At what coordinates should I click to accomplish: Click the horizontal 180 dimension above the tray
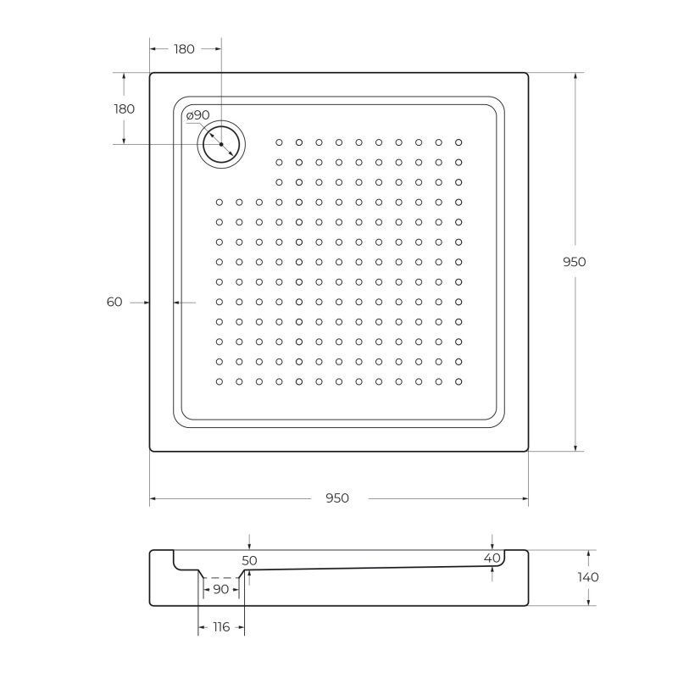(x=184, y=49)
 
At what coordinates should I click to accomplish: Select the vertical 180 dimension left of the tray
(x=124, y=108)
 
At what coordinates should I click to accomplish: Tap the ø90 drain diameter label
(x=198, y=115)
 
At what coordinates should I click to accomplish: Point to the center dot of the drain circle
(x=221, y=144)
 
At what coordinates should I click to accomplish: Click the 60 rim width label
(x=115, y=302)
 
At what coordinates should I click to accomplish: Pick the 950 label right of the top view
(x=575, y=262)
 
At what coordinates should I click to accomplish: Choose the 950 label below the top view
(x=336, y=498)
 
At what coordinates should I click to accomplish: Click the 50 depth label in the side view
(x=249, y=561)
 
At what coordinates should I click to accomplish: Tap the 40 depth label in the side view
(x=492, y=559)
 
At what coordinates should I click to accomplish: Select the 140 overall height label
(x=587, y=577)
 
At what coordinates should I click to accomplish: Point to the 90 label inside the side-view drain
(x=220, y=589)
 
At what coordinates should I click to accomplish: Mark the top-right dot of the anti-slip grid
(x=458, y=142)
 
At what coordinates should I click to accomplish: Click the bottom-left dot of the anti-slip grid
(x=219, y=382)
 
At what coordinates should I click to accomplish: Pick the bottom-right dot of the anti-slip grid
(x=458, y=382)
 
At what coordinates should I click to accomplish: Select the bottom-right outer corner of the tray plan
(x=528, y=451)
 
